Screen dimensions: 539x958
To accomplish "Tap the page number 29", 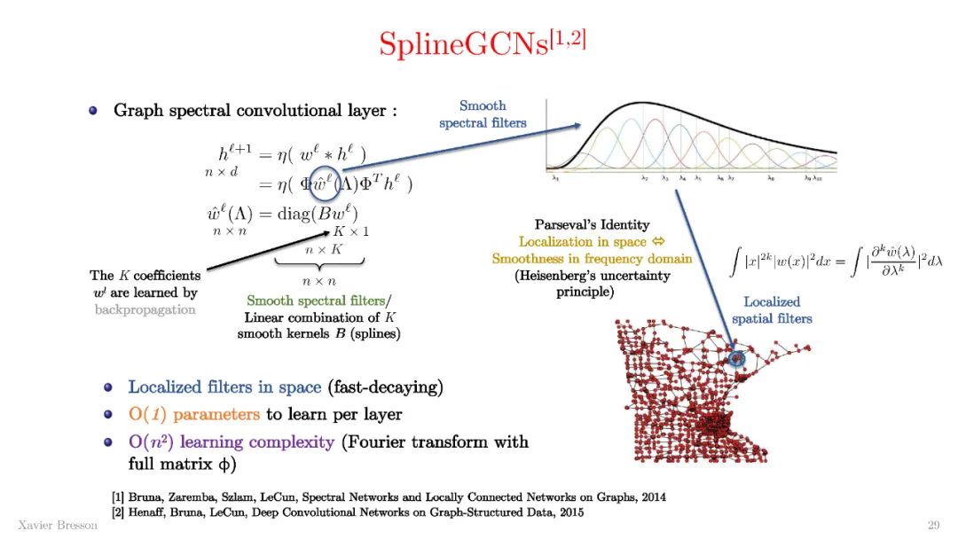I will [x=933, y=524].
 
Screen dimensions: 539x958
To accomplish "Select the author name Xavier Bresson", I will [x=58, y=524].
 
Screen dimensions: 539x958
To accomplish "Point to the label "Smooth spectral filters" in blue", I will [x=483, y=114].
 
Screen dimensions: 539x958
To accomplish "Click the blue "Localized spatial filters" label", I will [x=772, y=309].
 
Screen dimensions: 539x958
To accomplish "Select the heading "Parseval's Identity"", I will [x=592, y=225].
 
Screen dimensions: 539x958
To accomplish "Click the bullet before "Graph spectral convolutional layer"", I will [x=93, y=111].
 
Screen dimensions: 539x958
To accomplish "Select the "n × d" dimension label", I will [x=222, y=172].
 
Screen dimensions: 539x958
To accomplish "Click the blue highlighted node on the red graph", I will [x=735, y=359].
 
